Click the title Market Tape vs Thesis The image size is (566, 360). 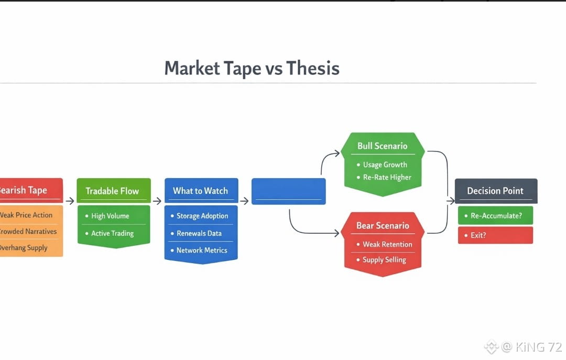point(252,69)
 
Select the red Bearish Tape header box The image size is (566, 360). point(30,190)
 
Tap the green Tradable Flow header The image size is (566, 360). point(113,191)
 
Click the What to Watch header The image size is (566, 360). point(201,191)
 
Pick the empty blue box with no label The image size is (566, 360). point(288,191)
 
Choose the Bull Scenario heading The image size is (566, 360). point(382,146)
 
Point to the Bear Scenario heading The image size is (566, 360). point(383,226)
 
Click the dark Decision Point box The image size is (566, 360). point(495,191)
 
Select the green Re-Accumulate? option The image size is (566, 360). point(495,215)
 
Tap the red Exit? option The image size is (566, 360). point(495,235)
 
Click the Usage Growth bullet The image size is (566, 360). point(385,165)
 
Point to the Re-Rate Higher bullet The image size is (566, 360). point(387,177)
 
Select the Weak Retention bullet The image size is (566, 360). point(387,244)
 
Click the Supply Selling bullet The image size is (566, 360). point(384,260)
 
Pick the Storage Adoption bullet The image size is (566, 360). point(202,216)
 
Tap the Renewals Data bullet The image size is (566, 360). point(199,233)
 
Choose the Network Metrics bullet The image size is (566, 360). point(201,250)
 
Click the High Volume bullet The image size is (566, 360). point(110,216)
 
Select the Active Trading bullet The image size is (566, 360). point(112,233)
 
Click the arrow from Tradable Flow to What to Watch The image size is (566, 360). point(157,201)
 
